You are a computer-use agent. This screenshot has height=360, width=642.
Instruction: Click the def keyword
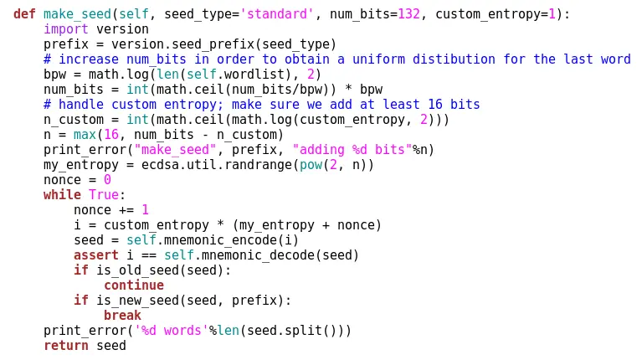pyautogui.click(x=24, y=13)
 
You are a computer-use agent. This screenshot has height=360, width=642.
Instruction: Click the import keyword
pyautogui.click(x=66, y=28)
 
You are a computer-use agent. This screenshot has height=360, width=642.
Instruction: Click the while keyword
pyautogui.click(x=62, y=194)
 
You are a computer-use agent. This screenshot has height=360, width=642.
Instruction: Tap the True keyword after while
pyautogui.click(x=104, y=194)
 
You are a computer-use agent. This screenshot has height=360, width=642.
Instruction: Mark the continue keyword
pyautogui.click(x=134, y=285)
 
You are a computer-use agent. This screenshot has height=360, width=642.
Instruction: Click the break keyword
pyautogui.click(x=123, y=315)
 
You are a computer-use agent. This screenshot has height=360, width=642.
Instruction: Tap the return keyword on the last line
pyautogui.click(x=66, y=345)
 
